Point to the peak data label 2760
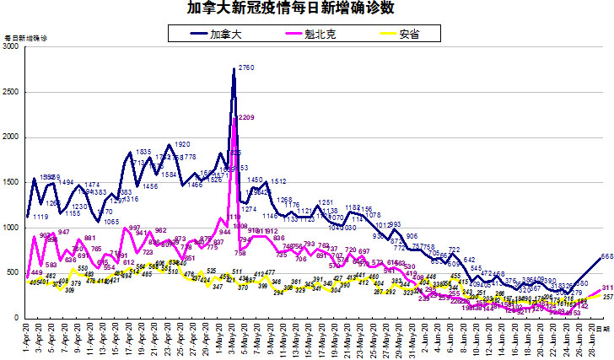point(246,67)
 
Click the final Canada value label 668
point(606,256)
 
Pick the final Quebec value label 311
point(606,287)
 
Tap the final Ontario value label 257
point(606,298)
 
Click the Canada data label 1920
point(182,145)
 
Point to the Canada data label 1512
point(277,181)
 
